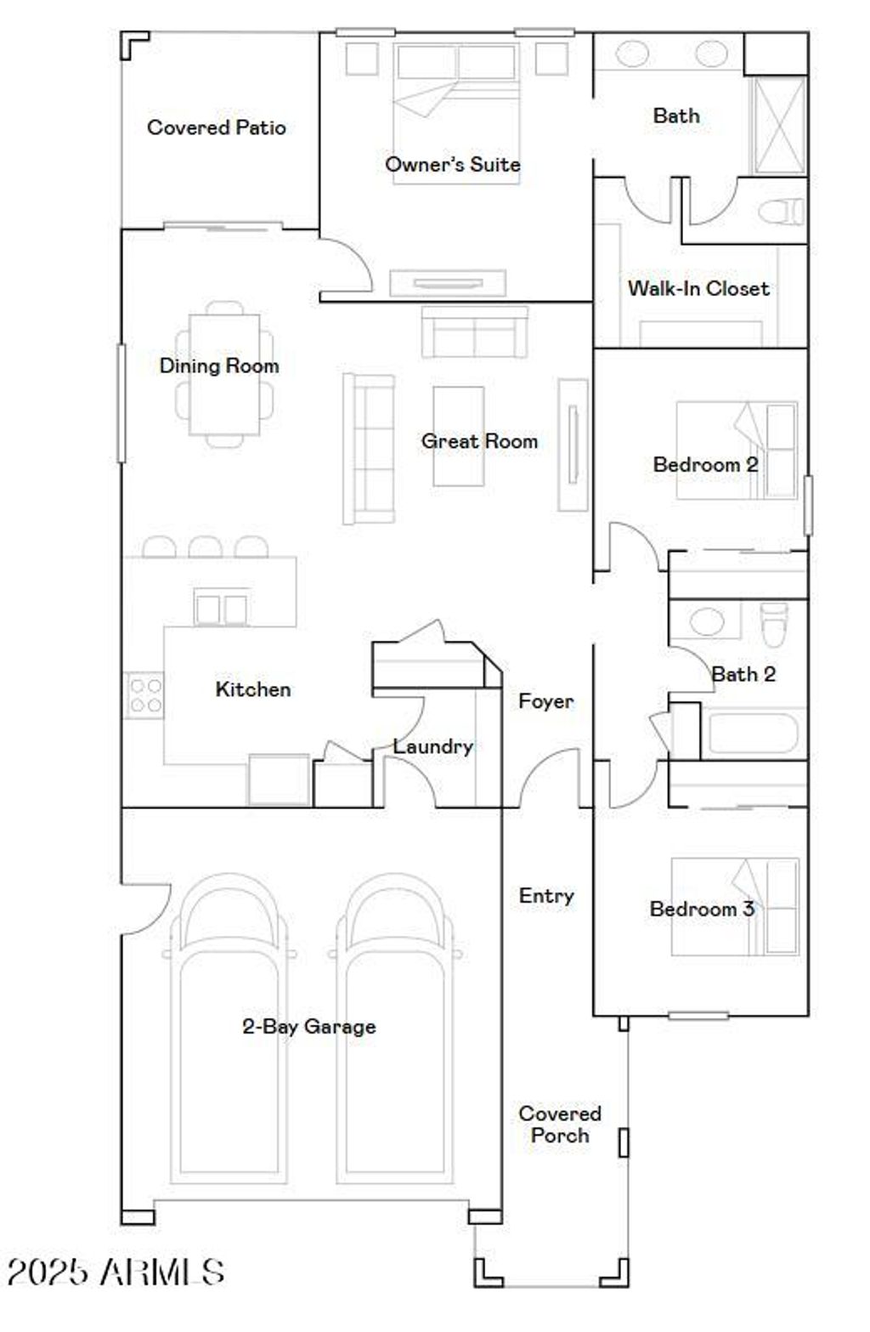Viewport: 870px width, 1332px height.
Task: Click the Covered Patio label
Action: [216, 128]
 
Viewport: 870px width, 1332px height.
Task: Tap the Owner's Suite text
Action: [452, 164]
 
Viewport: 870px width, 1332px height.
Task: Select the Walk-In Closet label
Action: [698, 288]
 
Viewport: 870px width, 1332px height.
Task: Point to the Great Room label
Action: [479, 441]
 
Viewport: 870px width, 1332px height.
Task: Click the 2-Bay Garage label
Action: [308, 1026]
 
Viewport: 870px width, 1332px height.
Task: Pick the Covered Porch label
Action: [559, 1124]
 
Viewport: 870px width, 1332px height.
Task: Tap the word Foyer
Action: [545, 701]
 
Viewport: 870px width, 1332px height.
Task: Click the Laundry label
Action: [432, 746]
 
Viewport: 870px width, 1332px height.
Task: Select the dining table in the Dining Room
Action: [223, 374]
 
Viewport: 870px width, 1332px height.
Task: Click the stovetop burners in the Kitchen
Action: [144, 694]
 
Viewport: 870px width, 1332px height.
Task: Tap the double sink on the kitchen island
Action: [221, 609]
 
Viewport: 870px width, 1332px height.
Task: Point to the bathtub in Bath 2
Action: [753, 733]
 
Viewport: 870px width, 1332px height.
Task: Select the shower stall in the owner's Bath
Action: [778, 126]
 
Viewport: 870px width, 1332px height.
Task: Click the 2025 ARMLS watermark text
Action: [116, 1272]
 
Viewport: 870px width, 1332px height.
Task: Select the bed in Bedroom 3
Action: [735, 906]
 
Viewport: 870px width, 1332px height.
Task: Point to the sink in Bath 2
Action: [706, 621]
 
